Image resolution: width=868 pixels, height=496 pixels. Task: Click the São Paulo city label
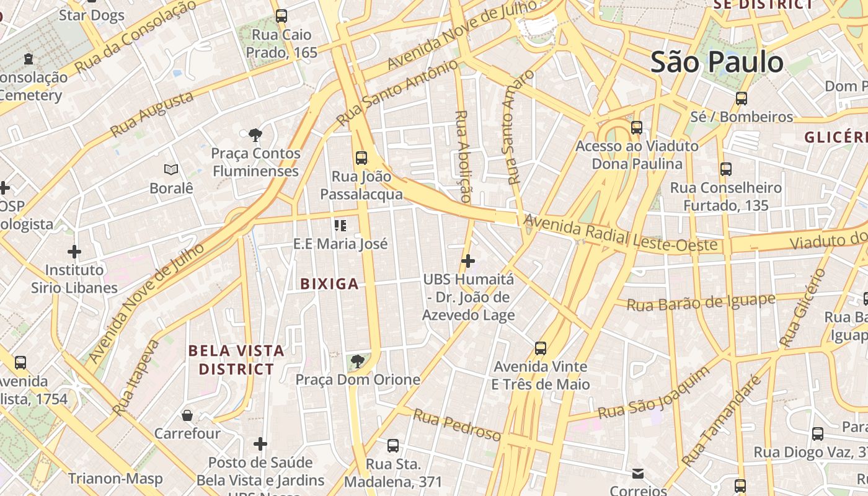[x=717, y=62]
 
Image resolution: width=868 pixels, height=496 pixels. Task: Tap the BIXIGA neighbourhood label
[x=329, y=284]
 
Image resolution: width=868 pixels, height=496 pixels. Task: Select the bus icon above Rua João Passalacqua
[x=361, y=157]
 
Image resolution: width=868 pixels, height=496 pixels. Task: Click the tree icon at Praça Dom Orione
[x=356, y=361]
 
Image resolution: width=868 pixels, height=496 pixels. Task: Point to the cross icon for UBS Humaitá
[x=468, y=261]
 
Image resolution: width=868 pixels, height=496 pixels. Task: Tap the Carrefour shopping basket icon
[x=187, y=415]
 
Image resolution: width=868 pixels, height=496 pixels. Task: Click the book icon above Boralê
[x=171, y=169]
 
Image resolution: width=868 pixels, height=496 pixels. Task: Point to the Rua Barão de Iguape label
[x=701, y=302]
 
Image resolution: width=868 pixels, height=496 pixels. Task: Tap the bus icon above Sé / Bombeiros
[x=741, y=98]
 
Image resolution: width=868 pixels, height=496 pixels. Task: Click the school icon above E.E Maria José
[x=340, y=225]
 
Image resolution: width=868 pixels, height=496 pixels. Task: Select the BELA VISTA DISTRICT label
[x=236, y=360]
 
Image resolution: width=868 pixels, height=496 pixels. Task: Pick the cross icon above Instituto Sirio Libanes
[x=74, y=251]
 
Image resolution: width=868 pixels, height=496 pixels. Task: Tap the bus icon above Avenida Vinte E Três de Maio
[x=541, y=348]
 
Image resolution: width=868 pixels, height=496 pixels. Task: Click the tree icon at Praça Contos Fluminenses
[x=255, y=135]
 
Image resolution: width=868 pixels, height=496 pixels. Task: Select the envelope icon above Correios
[x=637, y=474]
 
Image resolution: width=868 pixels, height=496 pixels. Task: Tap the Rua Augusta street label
[x=152, y=114]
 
